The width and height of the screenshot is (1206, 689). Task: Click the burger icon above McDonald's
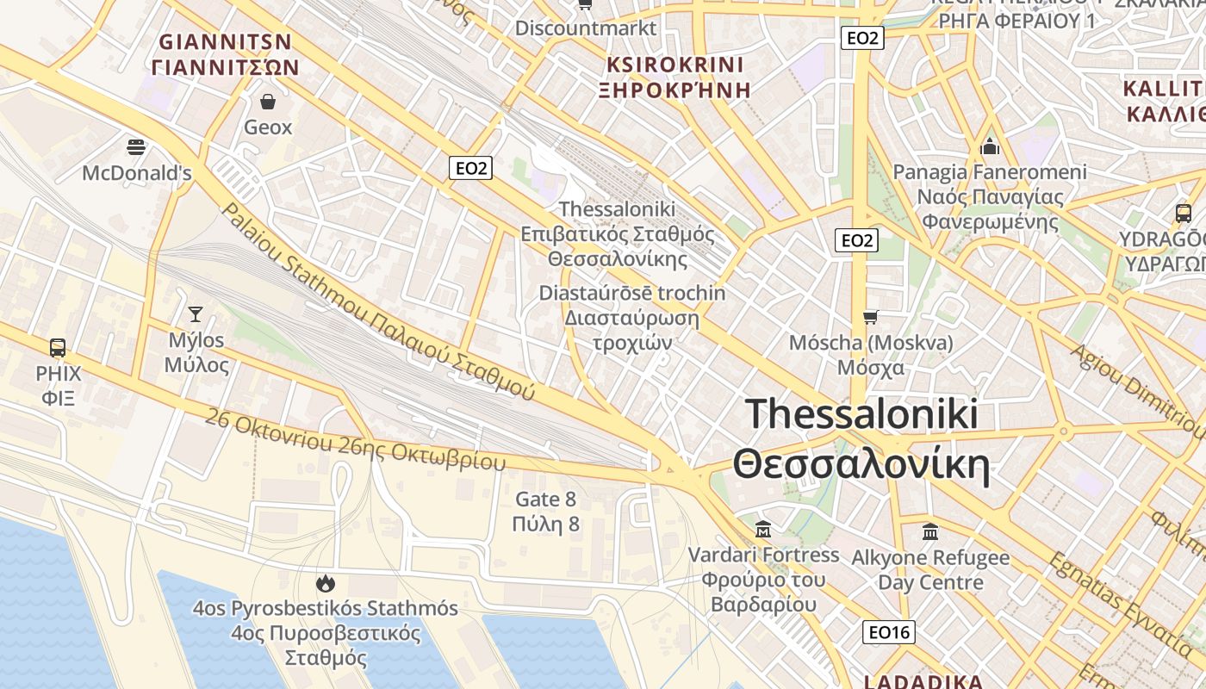point(136,146)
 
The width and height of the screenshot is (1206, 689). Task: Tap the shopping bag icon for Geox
point(268,102)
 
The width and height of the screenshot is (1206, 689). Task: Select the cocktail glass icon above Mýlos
point(196,313)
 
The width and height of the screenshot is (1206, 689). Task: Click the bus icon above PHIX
point(58,347)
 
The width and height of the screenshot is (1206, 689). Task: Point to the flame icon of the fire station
point(325,583)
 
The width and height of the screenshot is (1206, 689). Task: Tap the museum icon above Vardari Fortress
point(762,528)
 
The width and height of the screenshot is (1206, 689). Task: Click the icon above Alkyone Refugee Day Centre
point(930,531)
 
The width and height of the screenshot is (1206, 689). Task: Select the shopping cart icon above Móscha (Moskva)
point(871,317)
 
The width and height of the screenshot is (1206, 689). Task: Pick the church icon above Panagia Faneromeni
point(990,146)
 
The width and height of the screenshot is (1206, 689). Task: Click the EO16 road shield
point(888,632)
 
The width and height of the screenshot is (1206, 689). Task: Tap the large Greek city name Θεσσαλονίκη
point(861,465)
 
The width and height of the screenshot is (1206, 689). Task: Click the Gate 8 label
point(545,499)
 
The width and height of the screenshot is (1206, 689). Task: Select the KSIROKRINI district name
point(674,65)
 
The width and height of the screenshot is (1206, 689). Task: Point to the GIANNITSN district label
point(226,41)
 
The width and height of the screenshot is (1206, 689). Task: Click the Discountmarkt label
point(586,28)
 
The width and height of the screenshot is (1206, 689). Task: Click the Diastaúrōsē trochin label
point(632,293)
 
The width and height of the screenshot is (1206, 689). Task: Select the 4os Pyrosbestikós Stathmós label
point(325,609)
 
